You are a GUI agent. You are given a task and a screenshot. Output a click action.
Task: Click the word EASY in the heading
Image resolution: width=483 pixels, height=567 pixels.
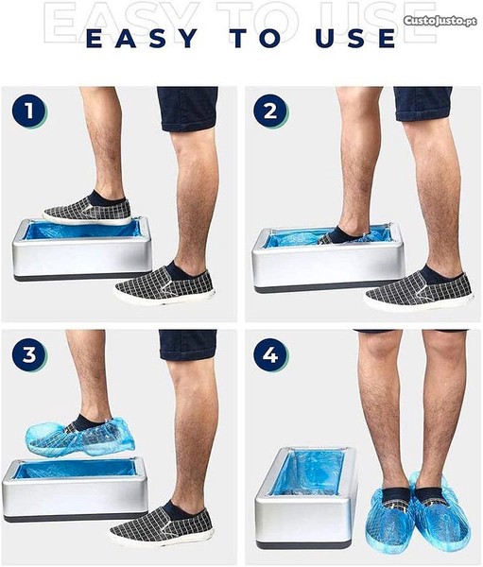click(x=143, y=39)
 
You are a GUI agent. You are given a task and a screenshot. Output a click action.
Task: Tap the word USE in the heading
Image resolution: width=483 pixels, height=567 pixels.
click(x=355, y=39)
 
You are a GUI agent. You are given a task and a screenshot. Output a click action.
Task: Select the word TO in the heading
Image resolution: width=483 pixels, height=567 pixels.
click(x=257, y=39)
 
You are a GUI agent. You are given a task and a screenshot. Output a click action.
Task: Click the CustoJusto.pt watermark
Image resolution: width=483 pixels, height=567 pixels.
click(x=440, y=21)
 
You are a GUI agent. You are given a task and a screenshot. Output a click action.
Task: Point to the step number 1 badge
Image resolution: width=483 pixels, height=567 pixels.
click(x=29, y=111)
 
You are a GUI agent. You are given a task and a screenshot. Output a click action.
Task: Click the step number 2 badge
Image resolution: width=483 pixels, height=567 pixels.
click(x=270, y=111)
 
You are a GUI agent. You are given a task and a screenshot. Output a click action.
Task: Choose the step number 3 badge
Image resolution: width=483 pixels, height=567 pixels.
click(x=29, y=354)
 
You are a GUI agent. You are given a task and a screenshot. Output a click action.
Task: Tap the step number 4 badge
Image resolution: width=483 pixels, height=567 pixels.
click(x=270, y=354)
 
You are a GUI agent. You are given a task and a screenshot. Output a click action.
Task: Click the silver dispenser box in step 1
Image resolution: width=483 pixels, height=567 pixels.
click(x=81, y=249)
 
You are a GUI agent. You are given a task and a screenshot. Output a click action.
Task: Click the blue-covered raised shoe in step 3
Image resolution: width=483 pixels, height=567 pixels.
click(x=80, y=436)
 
